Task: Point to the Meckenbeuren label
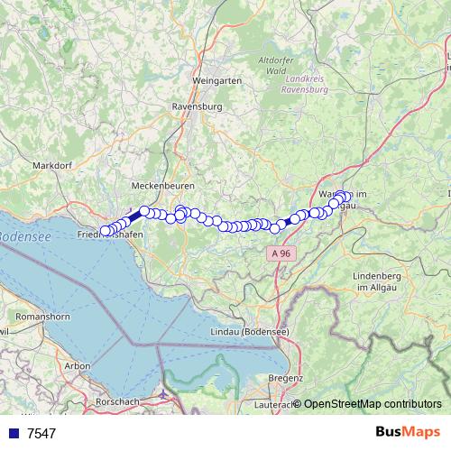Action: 158,185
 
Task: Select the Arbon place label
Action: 78,365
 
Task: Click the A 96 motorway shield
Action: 280,254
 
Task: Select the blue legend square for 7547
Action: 14,433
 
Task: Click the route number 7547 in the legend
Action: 41,433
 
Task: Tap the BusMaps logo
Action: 408,431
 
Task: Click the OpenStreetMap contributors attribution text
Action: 373,403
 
